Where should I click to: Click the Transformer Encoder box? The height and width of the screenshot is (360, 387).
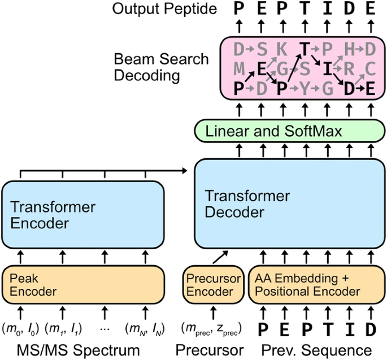(82, 214)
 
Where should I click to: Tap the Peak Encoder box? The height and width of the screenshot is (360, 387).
(82, 285)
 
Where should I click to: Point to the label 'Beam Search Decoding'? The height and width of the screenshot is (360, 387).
(161, 67)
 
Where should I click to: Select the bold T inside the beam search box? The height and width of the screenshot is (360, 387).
(304, 50)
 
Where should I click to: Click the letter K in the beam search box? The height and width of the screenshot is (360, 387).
(281, 50)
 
